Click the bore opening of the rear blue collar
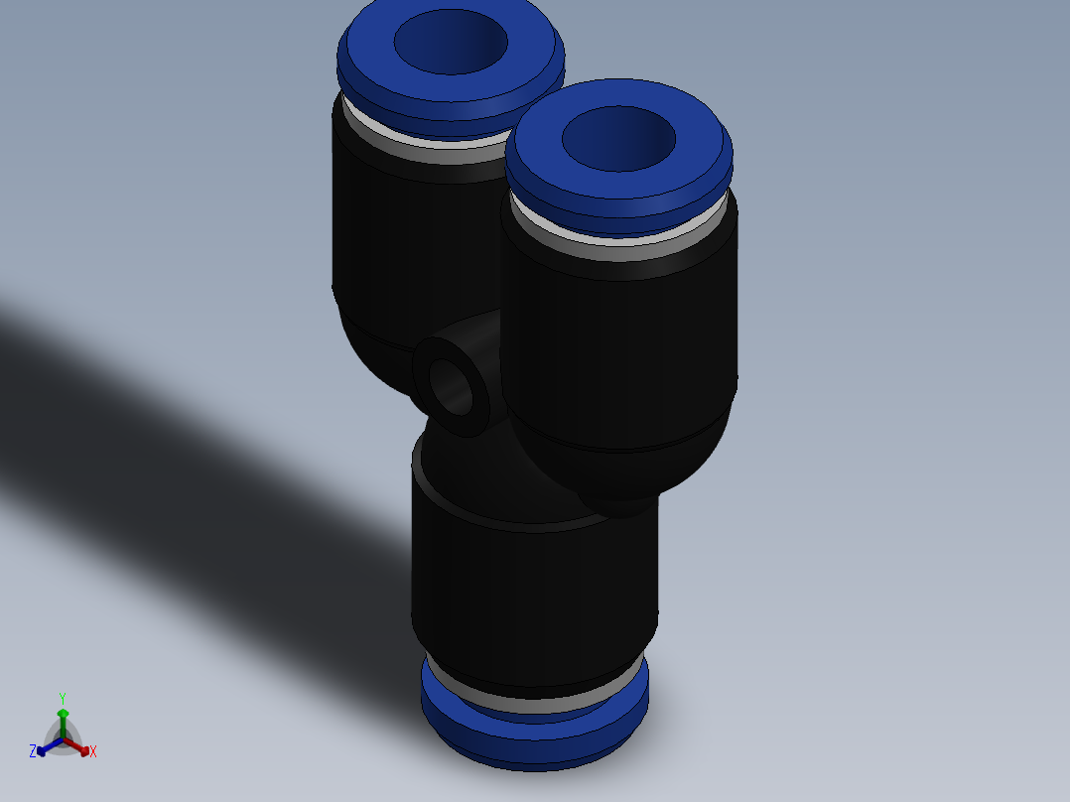click(x=451, y=43)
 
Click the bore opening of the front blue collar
click(x=618, y=138)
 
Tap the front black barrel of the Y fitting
click(x=620, y=347)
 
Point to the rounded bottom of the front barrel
click(x=615, y=476)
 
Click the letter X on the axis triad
click(x=93, y=752)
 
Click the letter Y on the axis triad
click(x=62, y=698)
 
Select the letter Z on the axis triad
click(x=33, y=751)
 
